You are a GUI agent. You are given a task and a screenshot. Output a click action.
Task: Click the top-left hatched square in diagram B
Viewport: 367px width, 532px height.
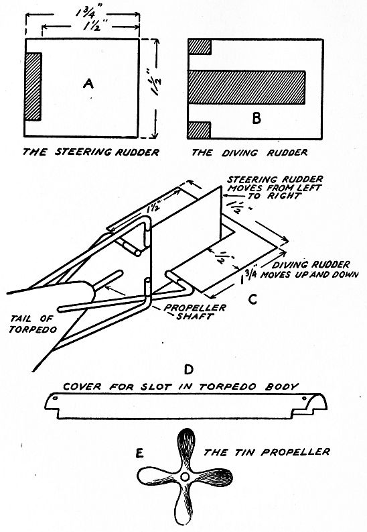click(200, 47)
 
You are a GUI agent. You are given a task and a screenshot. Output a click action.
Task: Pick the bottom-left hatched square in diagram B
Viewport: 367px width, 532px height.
click(200, 126)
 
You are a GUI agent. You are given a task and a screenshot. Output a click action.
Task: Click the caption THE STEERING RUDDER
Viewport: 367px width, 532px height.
click(92, 153)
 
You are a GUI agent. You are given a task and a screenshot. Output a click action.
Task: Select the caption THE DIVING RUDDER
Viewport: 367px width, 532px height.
click(249, 153)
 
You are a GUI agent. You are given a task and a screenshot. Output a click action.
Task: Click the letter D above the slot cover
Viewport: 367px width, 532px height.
click(188, 369)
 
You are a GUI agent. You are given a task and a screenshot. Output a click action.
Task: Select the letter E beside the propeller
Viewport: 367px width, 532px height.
click(139, 454)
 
